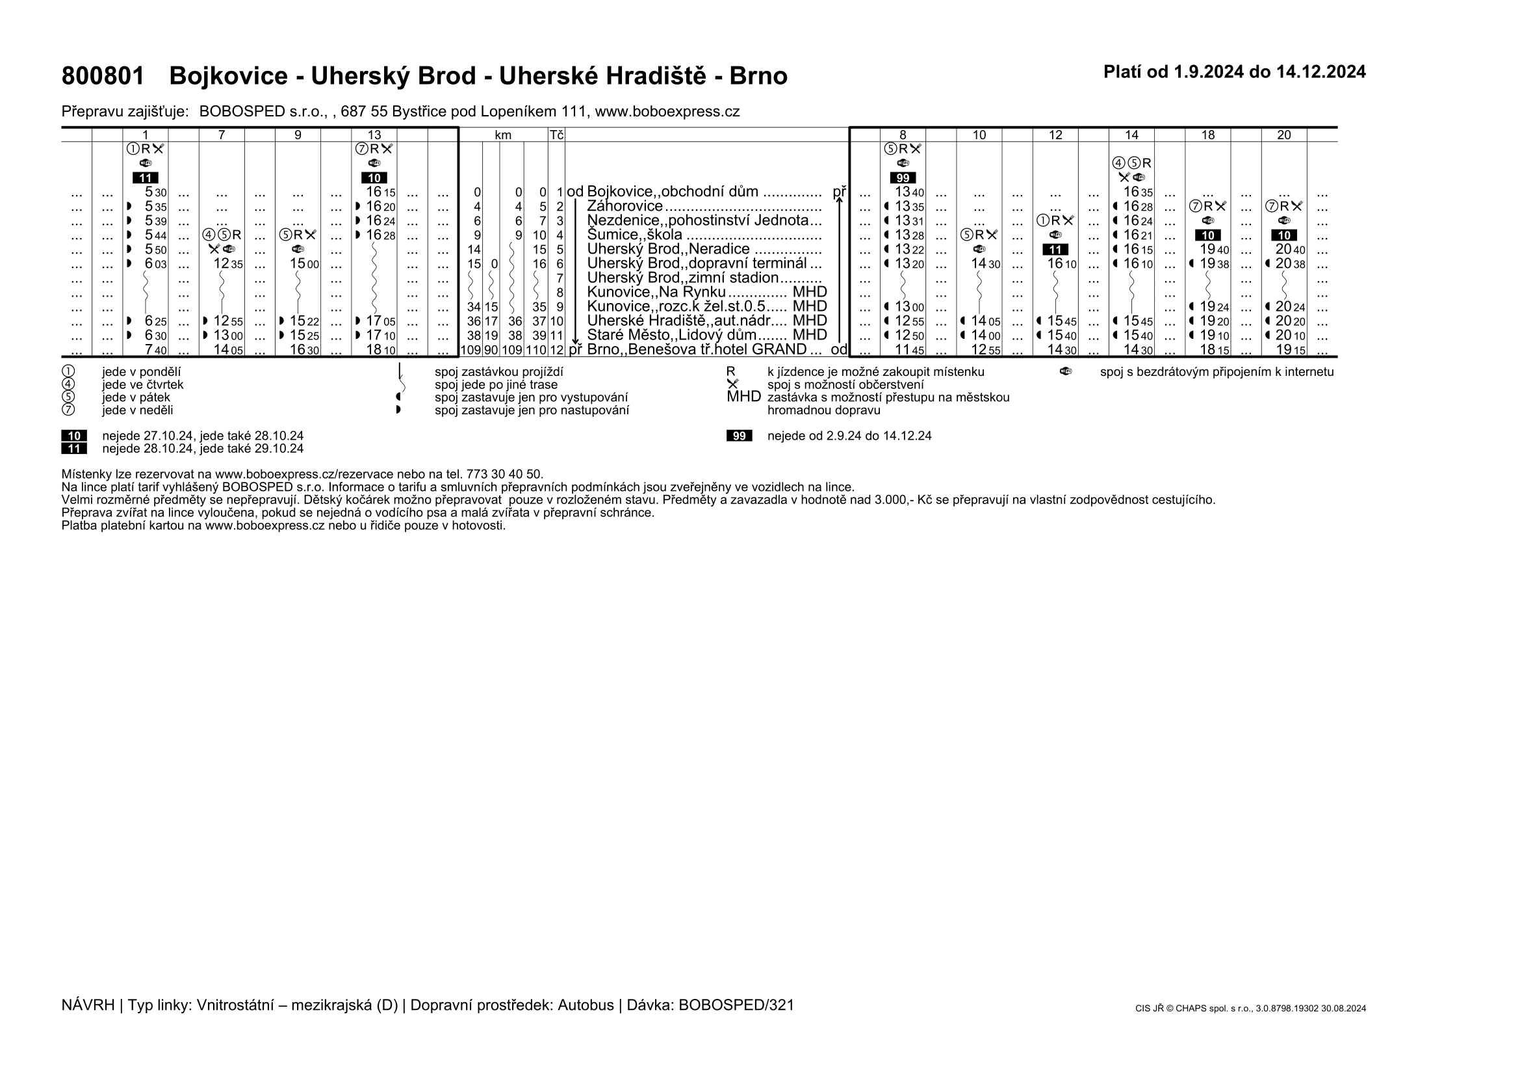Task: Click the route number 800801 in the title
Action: coord(103,77)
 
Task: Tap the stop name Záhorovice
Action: coord(625,206)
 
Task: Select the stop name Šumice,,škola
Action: coord(634,235)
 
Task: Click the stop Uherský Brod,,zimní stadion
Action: coord(682,278)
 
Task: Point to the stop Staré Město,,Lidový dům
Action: coord(671,335)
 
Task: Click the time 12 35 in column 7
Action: coord(227,263)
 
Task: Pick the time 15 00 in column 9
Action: coord(304,263)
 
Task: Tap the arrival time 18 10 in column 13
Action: coord(381,350)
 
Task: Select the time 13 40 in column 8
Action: coord(909,192)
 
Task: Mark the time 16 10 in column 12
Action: coord(1061,263)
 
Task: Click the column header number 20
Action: coord(1283,135)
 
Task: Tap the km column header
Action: coord(503,135)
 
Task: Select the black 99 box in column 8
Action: coord(903,178)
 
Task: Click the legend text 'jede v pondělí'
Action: coord(141,372)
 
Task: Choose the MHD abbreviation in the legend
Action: coord(743,397)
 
